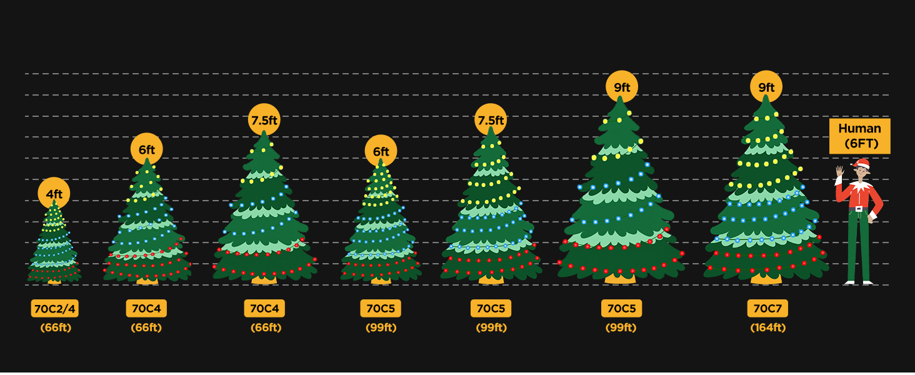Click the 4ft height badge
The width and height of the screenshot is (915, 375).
(54, 193)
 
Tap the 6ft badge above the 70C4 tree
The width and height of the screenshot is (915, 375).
(147, 149)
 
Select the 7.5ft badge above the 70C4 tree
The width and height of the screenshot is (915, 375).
(264, 119)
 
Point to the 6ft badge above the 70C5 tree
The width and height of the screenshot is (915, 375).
(381, 151)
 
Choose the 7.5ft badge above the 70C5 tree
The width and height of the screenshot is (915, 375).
(491, 119)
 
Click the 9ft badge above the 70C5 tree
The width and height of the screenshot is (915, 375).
(621, 87)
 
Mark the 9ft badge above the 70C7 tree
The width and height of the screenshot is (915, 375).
(766, 87)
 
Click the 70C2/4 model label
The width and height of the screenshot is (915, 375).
(55, 308)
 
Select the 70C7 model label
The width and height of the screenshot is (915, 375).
(767, 308)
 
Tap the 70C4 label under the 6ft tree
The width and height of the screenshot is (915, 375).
(146, 308)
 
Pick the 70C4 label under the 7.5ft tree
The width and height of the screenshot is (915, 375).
(264, 308)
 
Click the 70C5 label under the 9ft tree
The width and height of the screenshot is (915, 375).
(621, 308)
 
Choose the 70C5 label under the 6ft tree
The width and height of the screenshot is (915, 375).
(381, 308)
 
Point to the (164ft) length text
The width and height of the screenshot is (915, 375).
(767, 327)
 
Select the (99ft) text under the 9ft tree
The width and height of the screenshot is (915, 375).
(621, 327)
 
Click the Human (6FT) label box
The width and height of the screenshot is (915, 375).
(859, 136)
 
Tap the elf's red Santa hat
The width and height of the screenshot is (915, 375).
(862, 164)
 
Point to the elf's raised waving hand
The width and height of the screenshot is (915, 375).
(840, 171)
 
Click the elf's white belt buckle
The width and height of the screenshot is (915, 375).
(859, 209)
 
